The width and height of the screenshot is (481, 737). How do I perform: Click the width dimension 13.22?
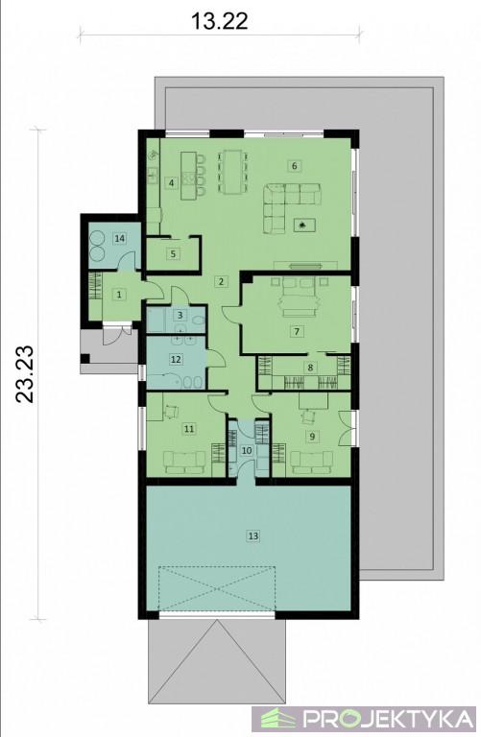point(219,21)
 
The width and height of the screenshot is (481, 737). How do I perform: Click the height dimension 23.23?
point(25,373)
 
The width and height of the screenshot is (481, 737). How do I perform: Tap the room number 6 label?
point(295,165)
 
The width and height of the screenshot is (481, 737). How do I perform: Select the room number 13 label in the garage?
point(253,535)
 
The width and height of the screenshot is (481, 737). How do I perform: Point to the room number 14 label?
point(120,238)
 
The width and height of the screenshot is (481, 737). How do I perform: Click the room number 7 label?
point(297,331)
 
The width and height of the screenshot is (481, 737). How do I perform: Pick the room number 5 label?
point(174,253)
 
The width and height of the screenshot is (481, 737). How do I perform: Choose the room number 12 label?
point(176,359)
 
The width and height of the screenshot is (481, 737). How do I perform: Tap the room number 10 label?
point(247,450)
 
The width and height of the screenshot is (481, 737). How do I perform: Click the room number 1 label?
point(119,295)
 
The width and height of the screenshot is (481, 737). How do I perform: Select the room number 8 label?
point(310,368)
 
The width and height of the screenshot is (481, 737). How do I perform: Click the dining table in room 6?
point(231,172)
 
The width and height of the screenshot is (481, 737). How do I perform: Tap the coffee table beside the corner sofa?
point(304,226)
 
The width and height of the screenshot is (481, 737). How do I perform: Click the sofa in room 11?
point(183,462)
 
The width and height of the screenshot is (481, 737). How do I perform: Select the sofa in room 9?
point(312,463)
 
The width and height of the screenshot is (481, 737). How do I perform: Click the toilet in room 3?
point(199,320)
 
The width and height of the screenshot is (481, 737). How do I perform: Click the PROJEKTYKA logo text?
point(388,718)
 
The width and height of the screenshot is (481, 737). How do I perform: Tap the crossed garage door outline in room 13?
point(217,589)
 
